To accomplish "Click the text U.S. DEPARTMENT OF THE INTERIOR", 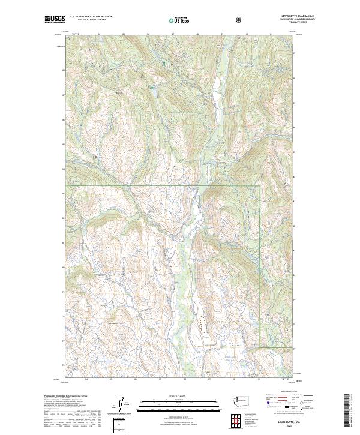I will click(x=91, y=17).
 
